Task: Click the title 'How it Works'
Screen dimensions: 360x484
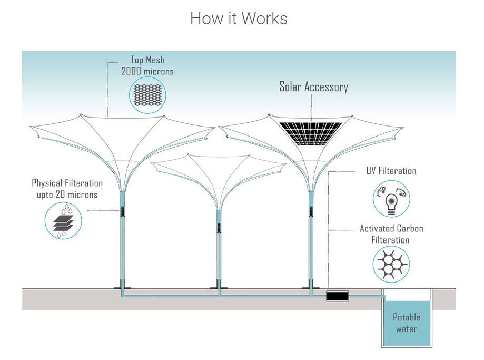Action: tap(239, 18)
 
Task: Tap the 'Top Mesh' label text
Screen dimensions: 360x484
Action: tap(147, 60)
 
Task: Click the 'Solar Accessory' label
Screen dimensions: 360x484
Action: tap(313, 87)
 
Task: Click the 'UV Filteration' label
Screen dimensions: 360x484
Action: tap(391, 171)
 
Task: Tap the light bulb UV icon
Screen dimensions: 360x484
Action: tap(391, 199)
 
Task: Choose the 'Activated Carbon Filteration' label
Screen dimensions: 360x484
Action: tap(391, 234)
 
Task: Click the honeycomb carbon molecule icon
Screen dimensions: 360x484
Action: tap(391, 265)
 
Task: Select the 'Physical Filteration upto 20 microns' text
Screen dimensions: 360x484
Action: tap(67, 189)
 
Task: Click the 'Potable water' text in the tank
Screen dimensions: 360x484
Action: tap(407, 323)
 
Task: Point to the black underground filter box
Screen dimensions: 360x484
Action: tap(337, 296)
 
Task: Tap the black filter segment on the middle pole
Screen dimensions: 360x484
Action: tap(219, 228)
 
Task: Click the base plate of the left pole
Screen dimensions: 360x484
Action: tap(123, 287)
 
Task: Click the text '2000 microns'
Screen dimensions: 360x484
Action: tap(147, 71)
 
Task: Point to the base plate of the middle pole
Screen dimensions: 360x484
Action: tap(219, 287)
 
